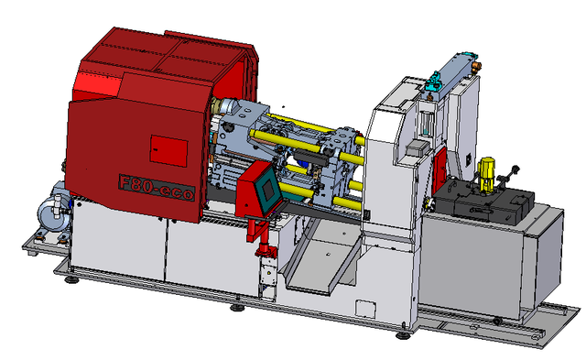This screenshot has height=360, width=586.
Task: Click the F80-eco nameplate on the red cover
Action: pos(157,187)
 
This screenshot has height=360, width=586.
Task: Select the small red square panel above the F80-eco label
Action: pos(168,150)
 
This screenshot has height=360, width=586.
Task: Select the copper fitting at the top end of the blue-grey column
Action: pos(476,67)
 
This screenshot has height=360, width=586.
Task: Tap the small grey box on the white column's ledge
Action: pos(416,147)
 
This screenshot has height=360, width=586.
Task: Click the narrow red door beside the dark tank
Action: pos(439,170)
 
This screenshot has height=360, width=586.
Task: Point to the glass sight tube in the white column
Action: pos(426,123)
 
